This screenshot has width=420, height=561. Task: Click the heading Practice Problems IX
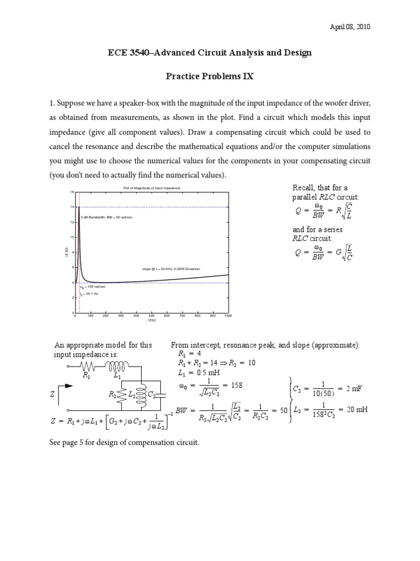210,77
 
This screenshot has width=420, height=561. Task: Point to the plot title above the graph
151,188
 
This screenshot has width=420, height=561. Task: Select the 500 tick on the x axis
151,316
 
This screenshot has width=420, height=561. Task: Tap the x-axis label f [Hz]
151,320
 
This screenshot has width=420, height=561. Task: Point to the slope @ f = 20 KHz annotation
171,269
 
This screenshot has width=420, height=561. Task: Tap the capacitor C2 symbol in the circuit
159,395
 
